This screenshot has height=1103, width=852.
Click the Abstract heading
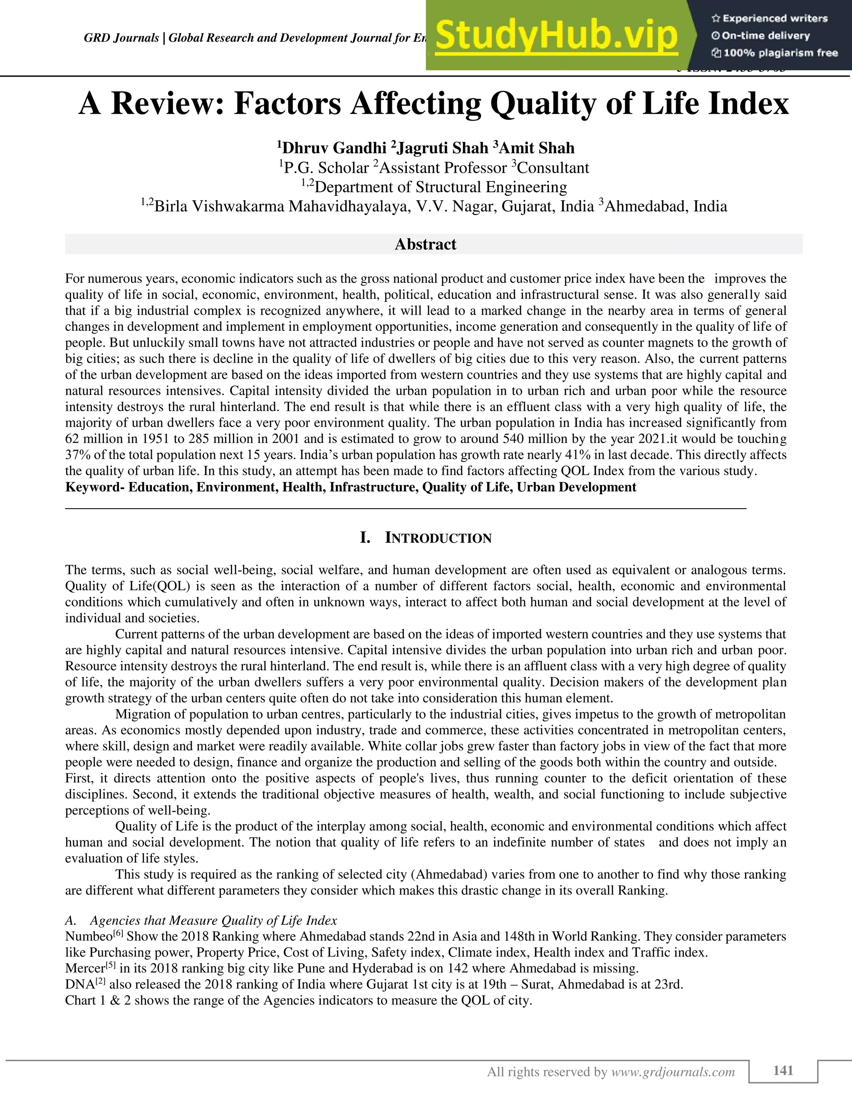(x=426, y=244)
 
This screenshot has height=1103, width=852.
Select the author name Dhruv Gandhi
(x=334, y=148)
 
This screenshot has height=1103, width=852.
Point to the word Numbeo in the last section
(x=88, y=937)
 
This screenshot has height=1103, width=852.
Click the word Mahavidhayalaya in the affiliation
(x=349, y=206)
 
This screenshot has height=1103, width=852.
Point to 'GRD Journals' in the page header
(x=121, y=38)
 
